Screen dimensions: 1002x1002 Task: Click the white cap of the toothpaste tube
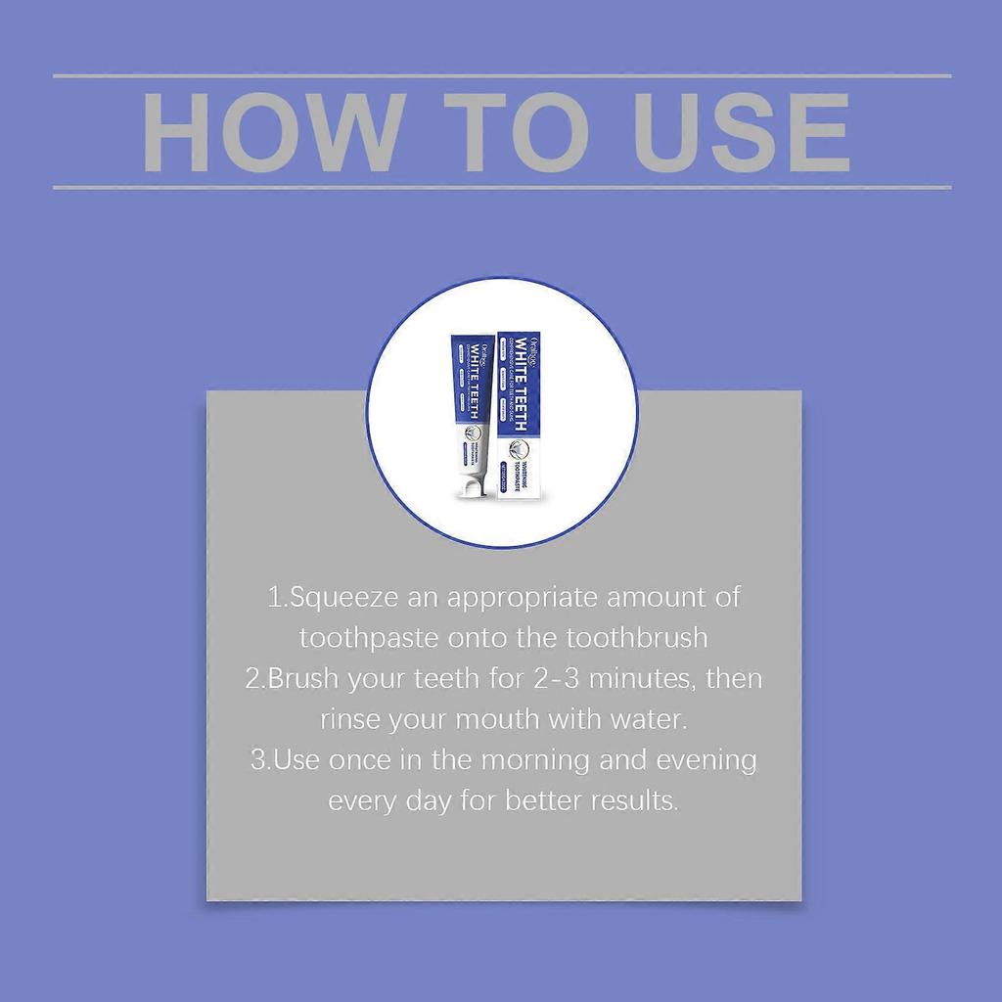pyautogui.click(x=473, y=485)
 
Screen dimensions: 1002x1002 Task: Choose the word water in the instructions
pyautogui.click(x=648, y=720)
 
